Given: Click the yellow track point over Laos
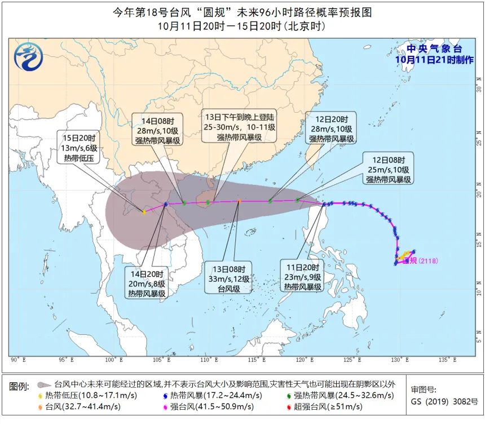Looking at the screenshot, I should (x=144, y=212).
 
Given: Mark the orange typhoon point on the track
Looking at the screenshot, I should (x=239, y=201).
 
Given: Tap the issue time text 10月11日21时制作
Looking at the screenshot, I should (x=434, y=60).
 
